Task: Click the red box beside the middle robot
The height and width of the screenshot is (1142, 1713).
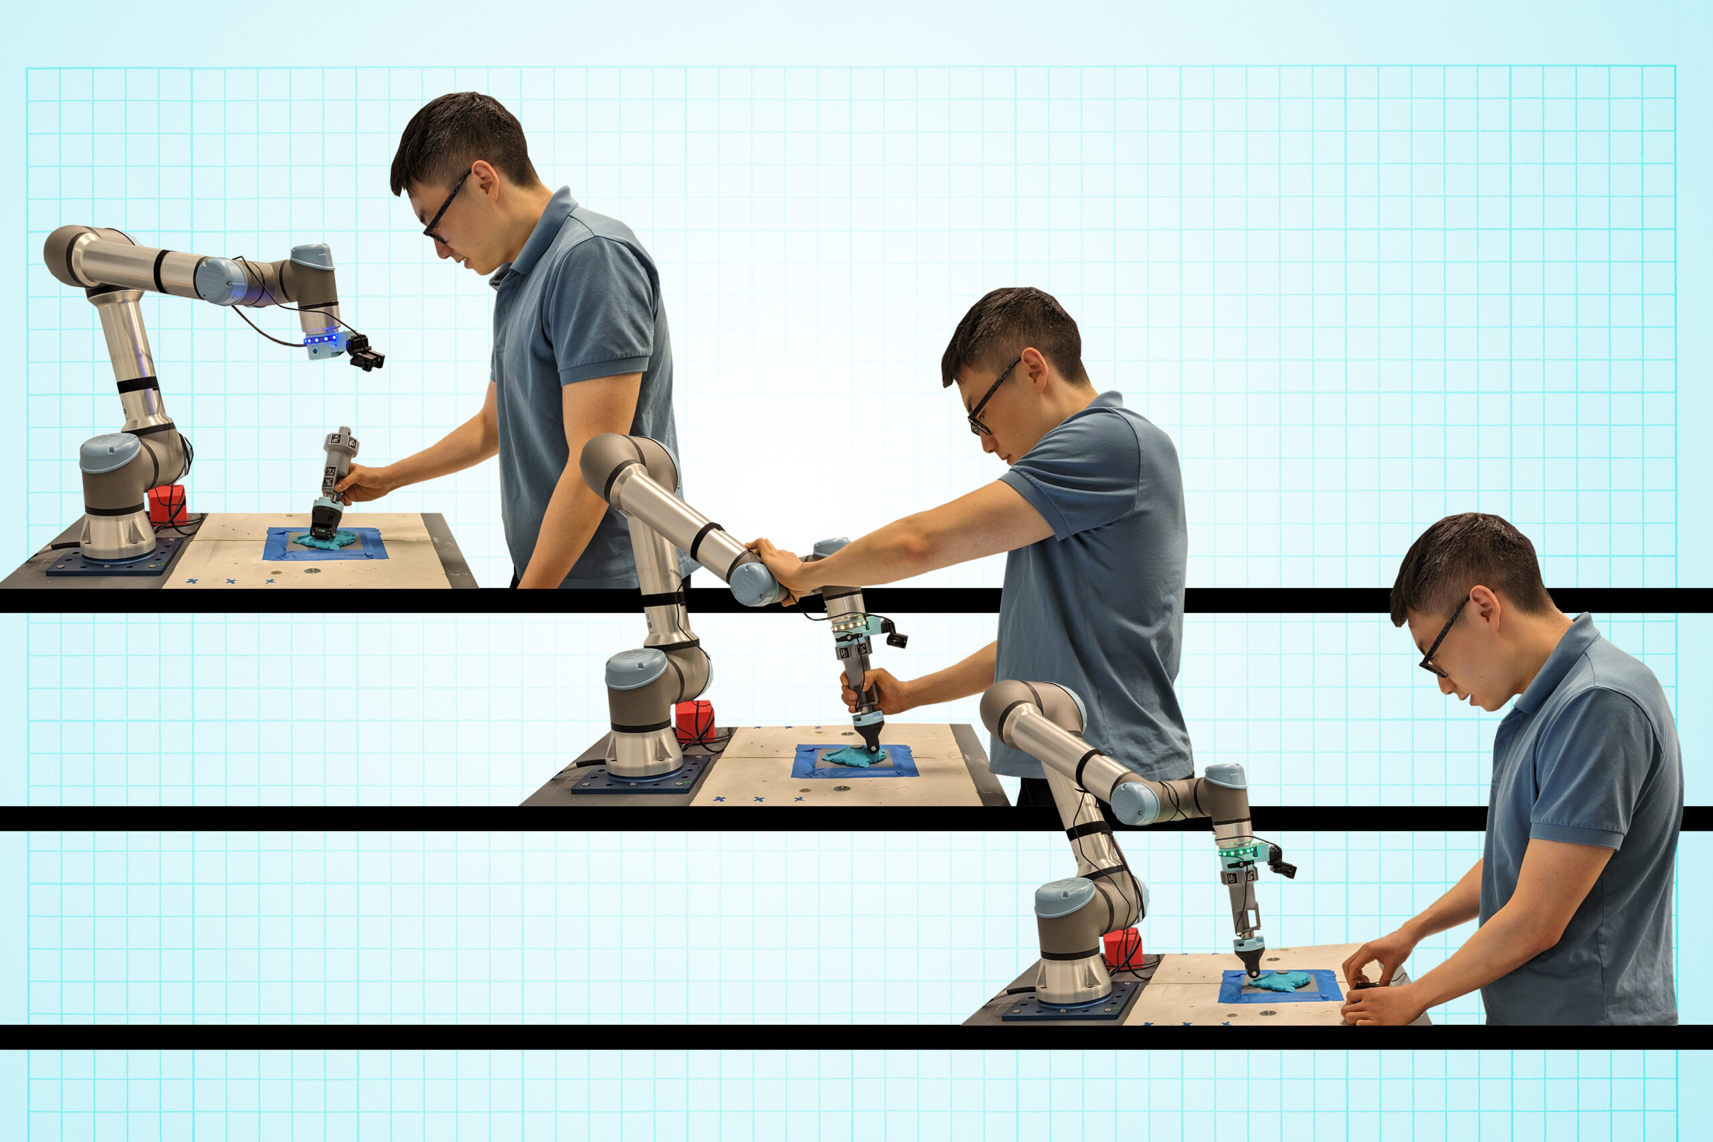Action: click(x=694, y=720)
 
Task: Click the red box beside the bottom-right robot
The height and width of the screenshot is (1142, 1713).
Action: click(x=1121, y=947)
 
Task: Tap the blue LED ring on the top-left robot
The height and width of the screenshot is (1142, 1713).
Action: click(x=321, y=339)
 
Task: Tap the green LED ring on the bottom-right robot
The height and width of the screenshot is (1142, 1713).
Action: click(x=1238, y=851)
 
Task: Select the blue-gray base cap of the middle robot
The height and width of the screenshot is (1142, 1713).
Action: click(x=635, y=668)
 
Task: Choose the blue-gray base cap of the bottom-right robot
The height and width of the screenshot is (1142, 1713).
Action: click(x=1064, y=896)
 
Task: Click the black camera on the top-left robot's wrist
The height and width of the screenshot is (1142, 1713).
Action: click(x=365, y=352)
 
